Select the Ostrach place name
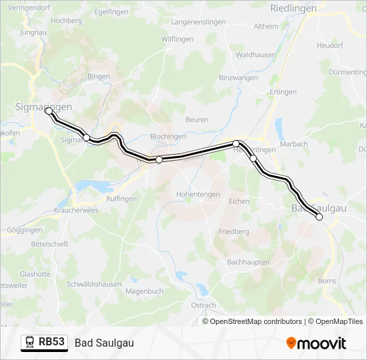click(x=204, y=305)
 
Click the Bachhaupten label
click(x=247, y=262)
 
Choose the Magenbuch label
click(x=144, y=291)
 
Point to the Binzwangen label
click(x=238, y=78)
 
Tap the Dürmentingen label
click(x=348, y=72)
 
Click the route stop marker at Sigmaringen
click(x=49, y=111)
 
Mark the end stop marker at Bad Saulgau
click(x=319, y=217)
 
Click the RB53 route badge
click(x=51, y=342)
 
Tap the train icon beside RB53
click(x=30, y=342)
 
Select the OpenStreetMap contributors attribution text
click(x=256, y=321)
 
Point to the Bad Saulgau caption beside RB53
click(x=105, y=343)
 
